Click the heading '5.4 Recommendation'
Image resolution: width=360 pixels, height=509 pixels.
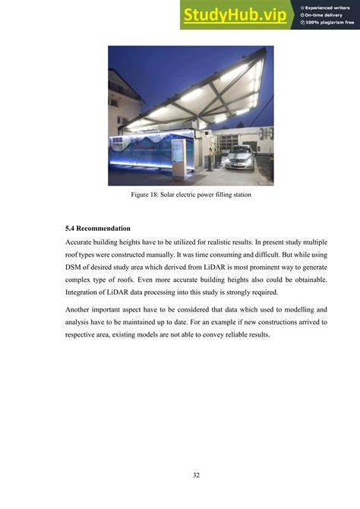[99, 228]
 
